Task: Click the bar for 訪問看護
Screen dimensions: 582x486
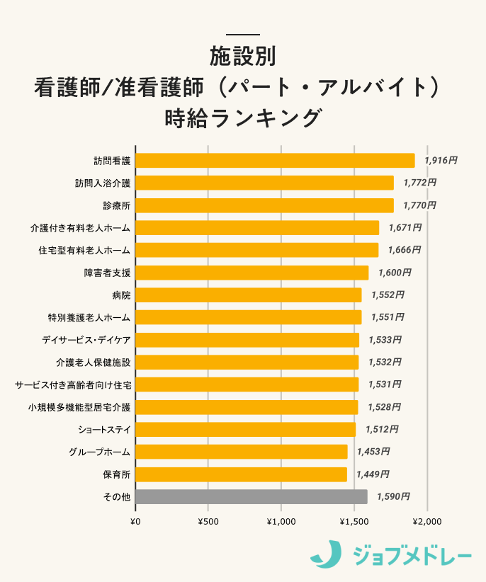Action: [275, 161]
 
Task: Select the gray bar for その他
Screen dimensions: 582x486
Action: [252, 497]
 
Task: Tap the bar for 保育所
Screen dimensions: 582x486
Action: [241, 474]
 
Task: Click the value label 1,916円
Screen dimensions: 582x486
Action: [441, 161]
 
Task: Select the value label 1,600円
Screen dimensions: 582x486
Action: [395, 273]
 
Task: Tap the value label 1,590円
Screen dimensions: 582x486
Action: [393, 497]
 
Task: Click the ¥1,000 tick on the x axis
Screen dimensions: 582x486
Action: [281, 522]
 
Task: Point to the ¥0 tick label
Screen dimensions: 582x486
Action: [135, 522]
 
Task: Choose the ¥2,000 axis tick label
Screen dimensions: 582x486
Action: [426, 522]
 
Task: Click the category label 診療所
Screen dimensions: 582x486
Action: [117, 205]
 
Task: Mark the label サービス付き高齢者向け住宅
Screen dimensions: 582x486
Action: [73, 384]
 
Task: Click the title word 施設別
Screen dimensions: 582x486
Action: [242, 55]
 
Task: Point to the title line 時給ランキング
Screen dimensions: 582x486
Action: [242, 117]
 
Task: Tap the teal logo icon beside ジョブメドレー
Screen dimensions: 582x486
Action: [325, 554]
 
